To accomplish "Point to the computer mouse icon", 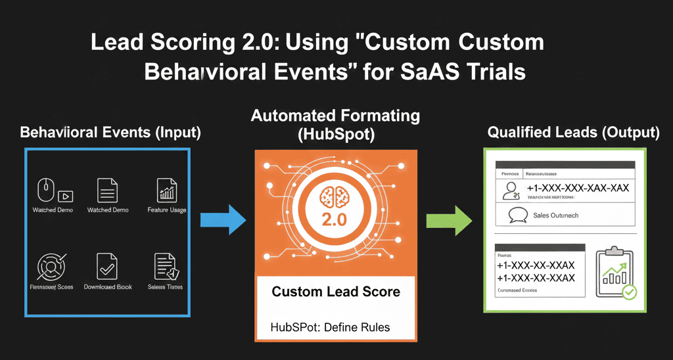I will [x=45, y=190].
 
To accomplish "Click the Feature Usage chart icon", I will [x=167, y=190].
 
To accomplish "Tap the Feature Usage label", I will [x=167, y=210].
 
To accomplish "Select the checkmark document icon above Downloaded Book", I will [x=106, y=266].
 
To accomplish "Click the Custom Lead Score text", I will [x=336, y=291].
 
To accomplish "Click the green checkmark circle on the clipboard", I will [x=629, y=292].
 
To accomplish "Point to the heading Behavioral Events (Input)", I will [x=110, y=132].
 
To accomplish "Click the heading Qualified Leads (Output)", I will [x=573, y=133].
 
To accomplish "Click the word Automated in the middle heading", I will [x=291, y=116].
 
